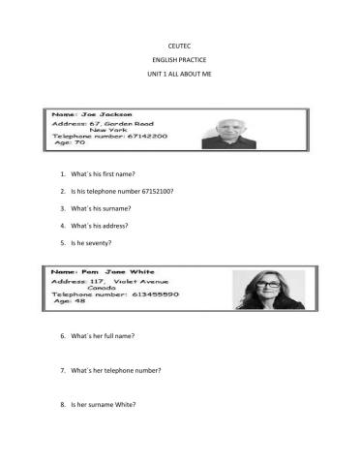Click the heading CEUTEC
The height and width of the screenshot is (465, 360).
click(x=179, y=46)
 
